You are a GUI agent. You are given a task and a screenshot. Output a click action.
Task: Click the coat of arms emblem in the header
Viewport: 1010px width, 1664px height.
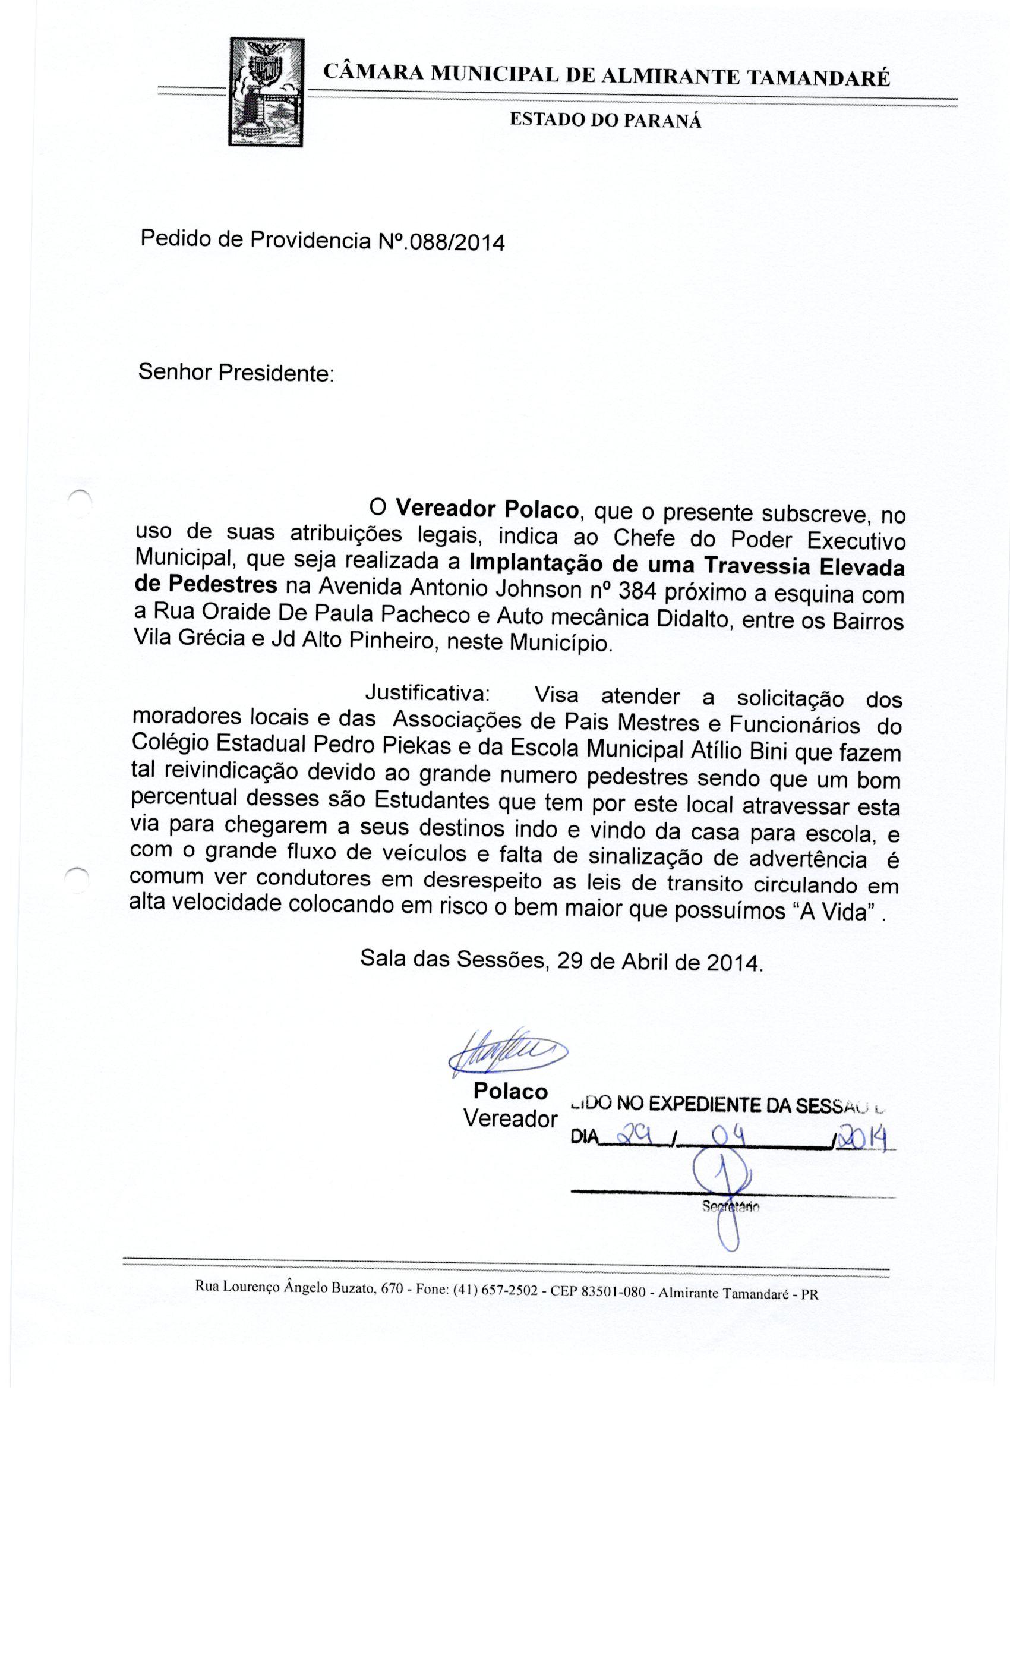[267, 92]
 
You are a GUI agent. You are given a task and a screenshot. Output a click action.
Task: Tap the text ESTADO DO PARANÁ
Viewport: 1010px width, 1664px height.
[605, 121]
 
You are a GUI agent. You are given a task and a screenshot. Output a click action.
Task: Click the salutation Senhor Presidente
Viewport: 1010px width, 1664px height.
[236, 372]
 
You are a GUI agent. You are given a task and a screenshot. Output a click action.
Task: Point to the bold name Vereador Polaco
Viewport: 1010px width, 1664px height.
[487, 508]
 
